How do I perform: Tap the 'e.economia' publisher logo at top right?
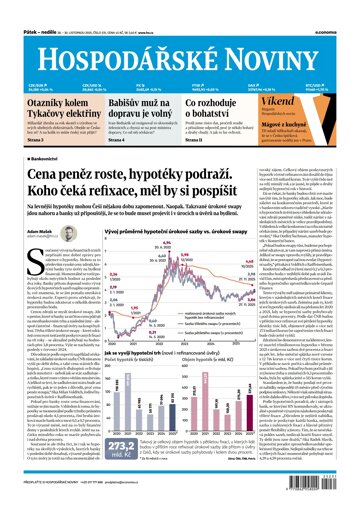click(x=334, y=7)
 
